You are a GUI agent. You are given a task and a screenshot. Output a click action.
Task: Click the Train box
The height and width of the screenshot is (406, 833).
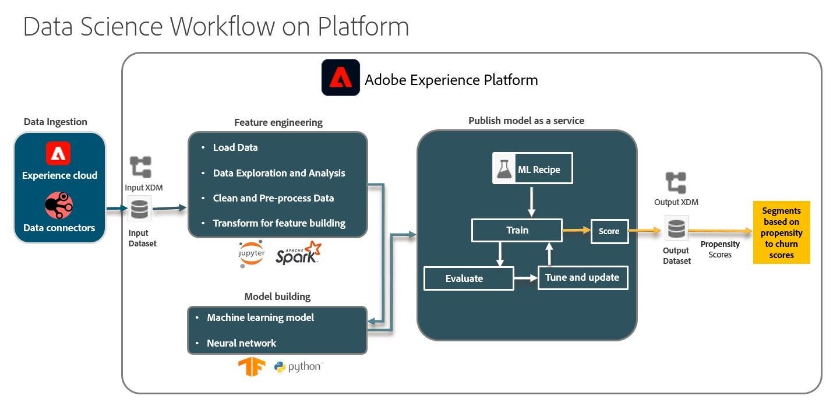point(517,230)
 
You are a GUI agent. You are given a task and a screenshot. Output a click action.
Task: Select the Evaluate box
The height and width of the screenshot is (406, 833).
point(468,278)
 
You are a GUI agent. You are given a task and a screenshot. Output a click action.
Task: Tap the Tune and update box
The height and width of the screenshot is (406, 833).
point(583,277)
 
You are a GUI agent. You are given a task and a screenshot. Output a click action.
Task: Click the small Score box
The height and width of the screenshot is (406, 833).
point(609,231)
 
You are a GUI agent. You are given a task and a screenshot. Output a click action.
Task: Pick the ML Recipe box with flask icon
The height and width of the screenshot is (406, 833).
point(532,168)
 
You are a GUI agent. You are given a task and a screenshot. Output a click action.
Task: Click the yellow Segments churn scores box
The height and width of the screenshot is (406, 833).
point(781,232)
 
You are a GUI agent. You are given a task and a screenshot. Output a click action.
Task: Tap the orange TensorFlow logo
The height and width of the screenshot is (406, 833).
point(252,367)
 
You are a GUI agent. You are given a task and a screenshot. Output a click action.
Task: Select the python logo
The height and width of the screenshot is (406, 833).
point(298,367)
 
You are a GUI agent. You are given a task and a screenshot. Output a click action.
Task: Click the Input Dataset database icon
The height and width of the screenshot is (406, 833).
point(139,209)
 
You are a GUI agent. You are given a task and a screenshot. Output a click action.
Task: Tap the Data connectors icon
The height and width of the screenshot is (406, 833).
point(59,206)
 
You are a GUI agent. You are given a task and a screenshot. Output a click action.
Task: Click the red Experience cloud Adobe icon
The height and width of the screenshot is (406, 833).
point(58,153)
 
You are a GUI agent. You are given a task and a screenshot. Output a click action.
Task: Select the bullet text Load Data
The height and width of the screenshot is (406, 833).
point(235,147)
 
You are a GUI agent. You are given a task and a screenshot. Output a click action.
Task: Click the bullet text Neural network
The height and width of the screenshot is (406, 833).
point(241,343)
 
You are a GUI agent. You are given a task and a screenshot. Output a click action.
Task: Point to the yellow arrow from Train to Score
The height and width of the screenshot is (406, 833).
point(576,231)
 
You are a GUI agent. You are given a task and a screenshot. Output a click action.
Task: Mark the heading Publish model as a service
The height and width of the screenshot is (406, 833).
point(526,121)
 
